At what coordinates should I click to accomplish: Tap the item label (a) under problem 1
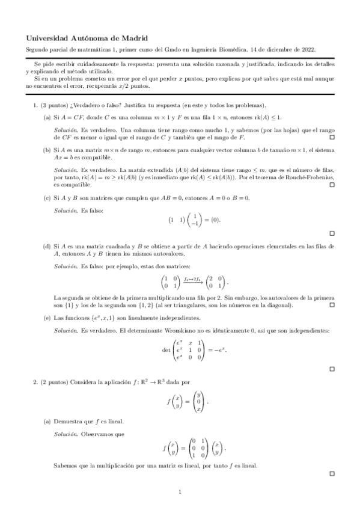pos(46,117)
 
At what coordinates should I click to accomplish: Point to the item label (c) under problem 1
pos(46,198)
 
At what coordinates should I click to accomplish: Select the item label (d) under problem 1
pos(46,247)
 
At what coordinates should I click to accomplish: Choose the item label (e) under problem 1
pos(46,317)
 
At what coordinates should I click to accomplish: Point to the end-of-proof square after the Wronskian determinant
pos(331,368)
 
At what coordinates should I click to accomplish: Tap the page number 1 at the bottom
pos(180,493)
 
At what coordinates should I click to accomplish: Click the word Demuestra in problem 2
pos(67,422)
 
